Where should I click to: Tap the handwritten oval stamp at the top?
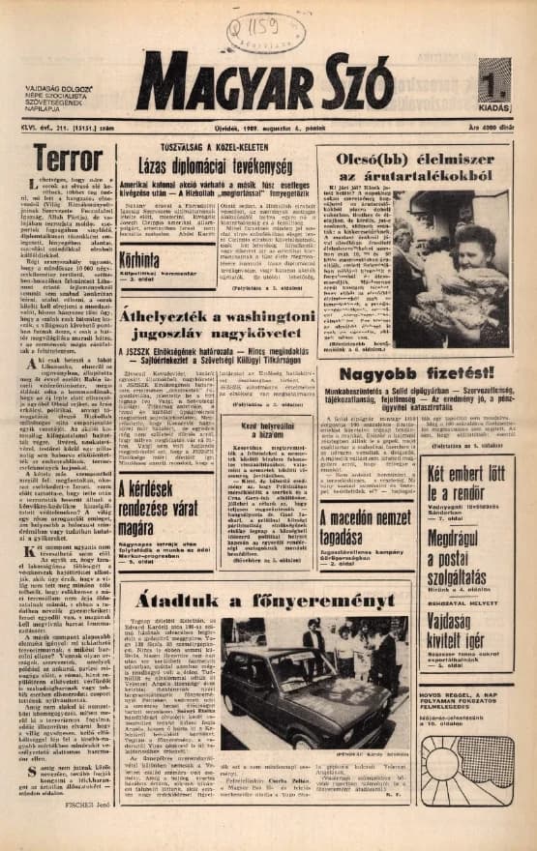point(266,29)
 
